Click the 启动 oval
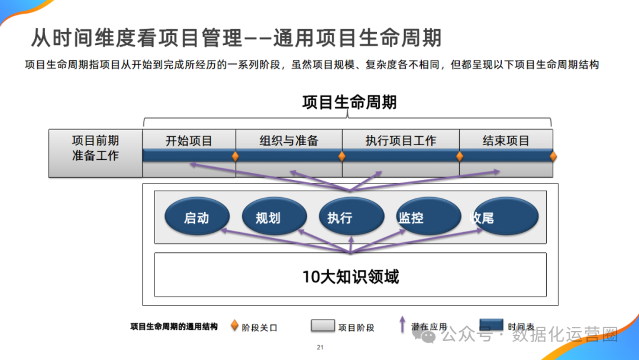point(196,218)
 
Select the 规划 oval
point(274,218)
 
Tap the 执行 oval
point(351,218)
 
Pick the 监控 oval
point(427,218)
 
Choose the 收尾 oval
point(506,218)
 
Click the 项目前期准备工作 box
point(95,149)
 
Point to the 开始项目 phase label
point(189,141)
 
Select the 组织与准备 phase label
point(289,141)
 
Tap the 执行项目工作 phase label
point(401,141)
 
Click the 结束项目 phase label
point(506,141)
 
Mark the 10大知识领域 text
point(350,276)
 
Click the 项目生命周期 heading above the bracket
point(349,102)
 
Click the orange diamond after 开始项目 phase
point(235,156)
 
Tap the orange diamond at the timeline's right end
point(553,156)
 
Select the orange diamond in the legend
point(234,326)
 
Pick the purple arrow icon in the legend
point(402,325)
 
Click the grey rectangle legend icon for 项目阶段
point(322,326)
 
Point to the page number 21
point(320,348)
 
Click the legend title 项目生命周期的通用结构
point(174,326)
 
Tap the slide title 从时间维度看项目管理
point(137,38)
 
